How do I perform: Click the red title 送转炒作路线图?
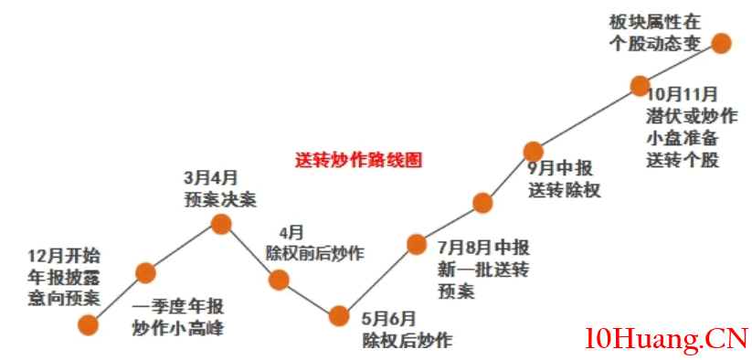pyautogui.click(x=358, y=158)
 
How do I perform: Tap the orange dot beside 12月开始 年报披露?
pyautogui.click(x=89, y=323)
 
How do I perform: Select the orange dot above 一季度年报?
pyautogui.click(x=145, y=271)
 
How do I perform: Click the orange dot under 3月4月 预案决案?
pyautogui.click(x=220, y=223)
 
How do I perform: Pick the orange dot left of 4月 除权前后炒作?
pyautogui.click(x=279, y=280)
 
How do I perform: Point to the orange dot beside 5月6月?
pyautogui.click(x=339, y=316)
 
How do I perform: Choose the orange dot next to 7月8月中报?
pyautogui.click(x=416, y=244)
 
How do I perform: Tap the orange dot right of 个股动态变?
pyautogui.click(x=721, y=43)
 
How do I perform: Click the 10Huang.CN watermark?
pyautogui.click(x=666, y=339)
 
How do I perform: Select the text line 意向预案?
pyautogui.click(x=65, y=297)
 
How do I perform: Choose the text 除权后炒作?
pyautogui.click(x=406, y=340)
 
